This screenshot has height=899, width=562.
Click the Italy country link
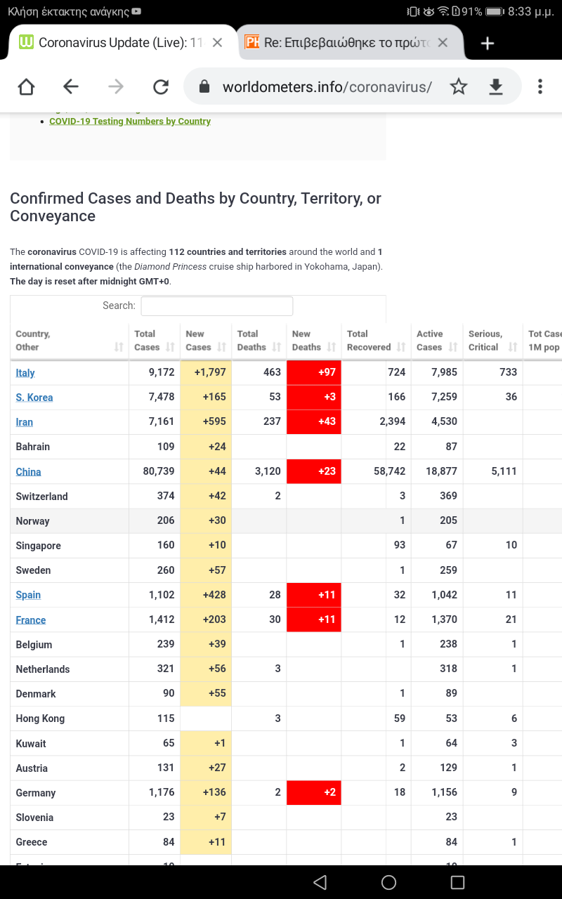[x=25, y=373]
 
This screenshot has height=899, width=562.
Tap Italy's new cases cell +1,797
[x=206, y=372]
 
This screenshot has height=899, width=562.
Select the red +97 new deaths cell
[x=314, y=372]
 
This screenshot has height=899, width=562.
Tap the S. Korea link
[x=34, y=398]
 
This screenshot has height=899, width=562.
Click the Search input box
[x=217, y=306]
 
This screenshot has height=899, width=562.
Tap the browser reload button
[x=161, y=86]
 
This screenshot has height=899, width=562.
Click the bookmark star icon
[x=459, y=86]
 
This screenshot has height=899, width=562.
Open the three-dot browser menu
[x=540, y=86]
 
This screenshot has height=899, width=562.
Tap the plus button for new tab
[x=488, y=43]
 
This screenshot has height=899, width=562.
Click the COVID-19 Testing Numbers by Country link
[x=130, y=122]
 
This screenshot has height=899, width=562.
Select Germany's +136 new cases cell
[x=206, y=792]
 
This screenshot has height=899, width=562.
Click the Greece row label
[x=32, y=842]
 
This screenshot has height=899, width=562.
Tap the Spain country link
[x=28, y=595]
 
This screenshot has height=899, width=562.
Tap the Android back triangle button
[x=320, y=882]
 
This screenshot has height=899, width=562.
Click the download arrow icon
[x=496, y=86]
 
